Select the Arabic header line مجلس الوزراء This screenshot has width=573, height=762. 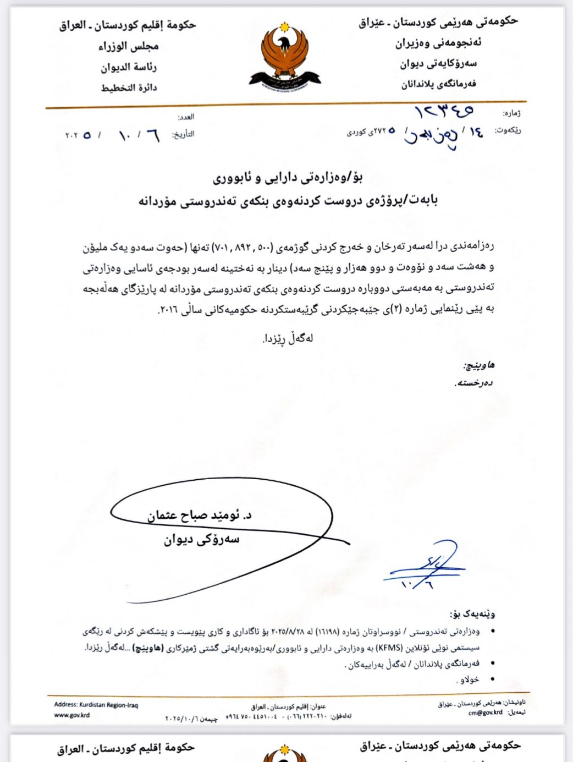[129, 46]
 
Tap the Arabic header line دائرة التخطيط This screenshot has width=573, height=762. [129, 87]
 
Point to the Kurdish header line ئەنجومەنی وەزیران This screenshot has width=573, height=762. [438, 43]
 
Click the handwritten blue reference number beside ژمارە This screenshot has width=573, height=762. [444, 111]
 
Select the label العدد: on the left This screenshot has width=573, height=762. [186, 117]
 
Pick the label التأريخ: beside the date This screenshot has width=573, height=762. [183, 134]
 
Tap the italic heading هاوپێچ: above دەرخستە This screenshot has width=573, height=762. [478, 365]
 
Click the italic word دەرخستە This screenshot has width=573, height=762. [474, 383]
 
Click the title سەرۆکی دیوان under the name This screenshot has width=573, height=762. [201, 540]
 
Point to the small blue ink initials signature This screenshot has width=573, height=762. [426, 567]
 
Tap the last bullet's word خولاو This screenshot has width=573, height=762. [469, 680]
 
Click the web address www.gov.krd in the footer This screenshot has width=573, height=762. [71, 715]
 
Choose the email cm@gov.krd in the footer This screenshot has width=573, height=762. [485, 712]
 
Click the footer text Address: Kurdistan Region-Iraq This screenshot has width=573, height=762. [96, 705]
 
